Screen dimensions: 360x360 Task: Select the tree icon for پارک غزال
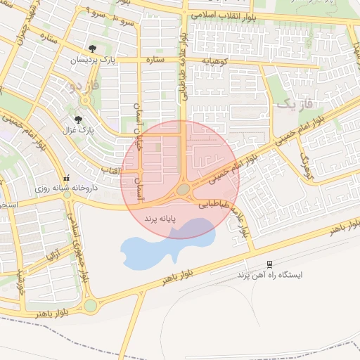click(x=78, y=120)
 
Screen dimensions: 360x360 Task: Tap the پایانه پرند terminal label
click(x=160, y=220)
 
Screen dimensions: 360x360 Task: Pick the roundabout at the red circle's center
click(x=183, y=189)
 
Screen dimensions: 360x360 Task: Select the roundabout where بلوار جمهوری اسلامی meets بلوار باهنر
click(x=90, y=306)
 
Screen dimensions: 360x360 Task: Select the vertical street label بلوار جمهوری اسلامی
click(x=81, y=246)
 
